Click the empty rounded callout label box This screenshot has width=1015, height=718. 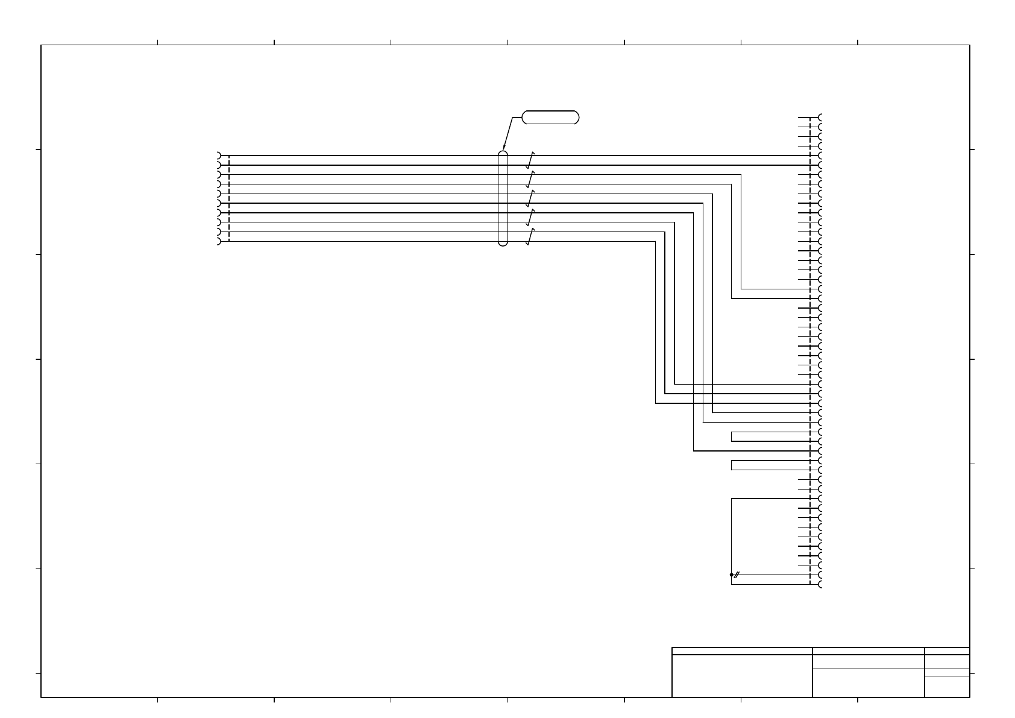coord(550,117)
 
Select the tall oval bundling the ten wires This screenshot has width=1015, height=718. coord(503,198)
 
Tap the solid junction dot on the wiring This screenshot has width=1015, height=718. coord(731,575)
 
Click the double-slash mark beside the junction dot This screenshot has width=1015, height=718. coord(737,575)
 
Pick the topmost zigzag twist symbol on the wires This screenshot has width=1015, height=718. coord(530,160)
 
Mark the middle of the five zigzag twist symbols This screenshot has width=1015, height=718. coord(530,198)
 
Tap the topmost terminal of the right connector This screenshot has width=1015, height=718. coord(820,117)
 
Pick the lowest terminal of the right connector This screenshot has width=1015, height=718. coord(820,584)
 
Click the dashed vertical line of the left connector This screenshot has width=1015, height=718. coord(230,198)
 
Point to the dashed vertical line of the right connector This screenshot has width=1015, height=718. coord(810,350)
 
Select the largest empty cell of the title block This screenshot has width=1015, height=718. coord(742,676)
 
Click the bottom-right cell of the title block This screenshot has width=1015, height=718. coord(947,687)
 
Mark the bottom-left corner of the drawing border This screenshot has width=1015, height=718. coord(41,698)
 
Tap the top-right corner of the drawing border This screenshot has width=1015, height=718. coord(970,45)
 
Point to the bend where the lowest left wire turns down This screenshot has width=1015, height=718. coord(655,242)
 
